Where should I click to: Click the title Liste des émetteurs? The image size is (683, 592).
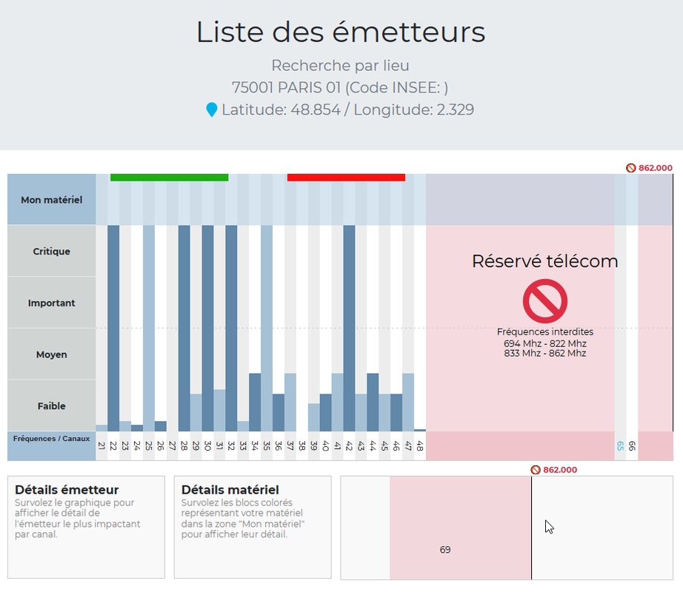pos(341,33)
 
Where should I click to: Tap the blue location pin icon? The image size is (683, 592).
pos(212,110)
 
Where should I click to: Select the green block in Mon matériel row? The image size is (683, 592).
pos(169,178)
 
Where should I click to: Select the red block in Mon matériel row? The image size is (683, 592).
pos(346,178)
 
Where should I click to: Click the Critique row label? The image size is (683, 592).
pos(52,252)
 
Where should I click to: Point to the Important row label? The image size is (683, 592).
pos(52,303)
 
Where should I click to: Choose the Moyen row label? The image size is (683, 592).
pos(52,354)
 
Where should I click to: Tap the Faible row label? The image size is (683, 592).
pos(52,406)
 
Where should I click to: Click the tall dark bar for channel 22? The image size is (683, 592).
pos(113,326)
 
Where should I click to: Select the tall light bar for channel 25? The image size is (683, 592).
pos(149,326)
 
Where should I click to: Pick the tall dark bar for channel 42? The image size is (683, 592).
pos(350,326)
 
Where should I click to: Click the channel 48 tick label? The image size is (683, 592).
pos(420,446)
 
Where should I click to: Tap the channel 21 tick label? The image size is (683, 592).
pos(101,446)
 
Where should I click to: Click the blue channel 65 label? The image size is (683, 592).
pos(620,446)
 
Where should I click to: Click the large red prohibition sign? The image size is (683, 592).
pos(544,302)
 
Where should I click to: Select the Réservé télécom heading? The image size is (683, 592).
pos(544,261)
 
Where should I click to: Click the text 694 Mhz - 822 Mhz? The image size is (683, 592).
pos(544,343)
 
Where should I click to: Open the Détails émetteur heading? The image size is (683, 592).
pos(67,490)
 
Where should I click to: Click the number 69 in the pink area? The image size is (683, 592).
pos(445,550)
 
